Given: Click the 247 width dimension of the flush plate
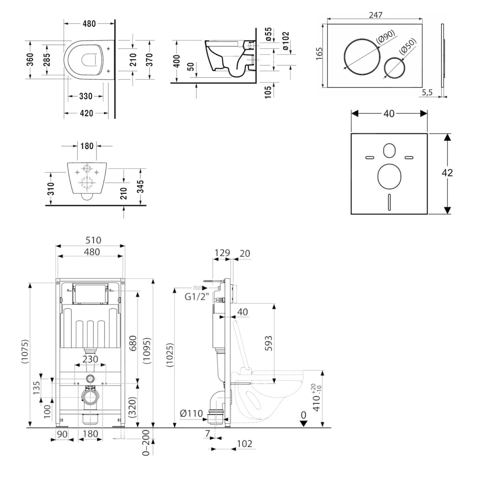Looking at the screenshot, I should pos(375,15).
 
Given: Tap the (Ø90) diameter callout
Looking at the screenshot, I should pos(386,36).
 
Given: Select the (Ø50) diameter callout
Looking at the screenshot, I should pos(408,46).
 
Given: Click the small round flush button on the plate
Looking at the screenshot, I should pos(394,68).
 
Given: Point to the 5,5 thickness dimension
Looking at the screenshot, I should pos(427,92).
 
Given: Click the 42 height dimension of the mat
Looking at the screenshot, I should pos(447,172).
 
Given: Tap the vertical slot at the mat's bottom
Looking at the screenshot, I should pos(389,201).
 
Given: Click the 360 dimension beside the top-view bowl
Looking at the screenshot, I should pos(30,60).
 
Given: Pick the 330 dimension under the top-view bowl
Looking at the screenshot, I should pos(86,96).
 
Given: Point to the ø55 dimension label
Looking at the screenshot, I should pos(269,34).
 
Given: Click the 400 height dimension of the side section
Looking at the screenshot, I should pos(177,61).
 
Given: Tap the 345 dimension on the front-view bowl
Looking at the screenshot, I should pos(141,186).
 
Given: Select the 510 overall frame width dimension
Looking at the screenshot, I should pos(93,240).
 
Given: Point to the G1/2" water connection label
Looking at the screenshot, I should pos(196,296).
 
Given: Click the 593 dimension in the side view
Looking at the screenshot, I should pos(269,343).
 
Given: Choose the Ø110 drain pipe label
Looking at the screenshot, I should pos(191,413).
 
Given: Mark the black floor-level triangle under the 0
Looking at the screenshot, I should pos(304,423).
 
